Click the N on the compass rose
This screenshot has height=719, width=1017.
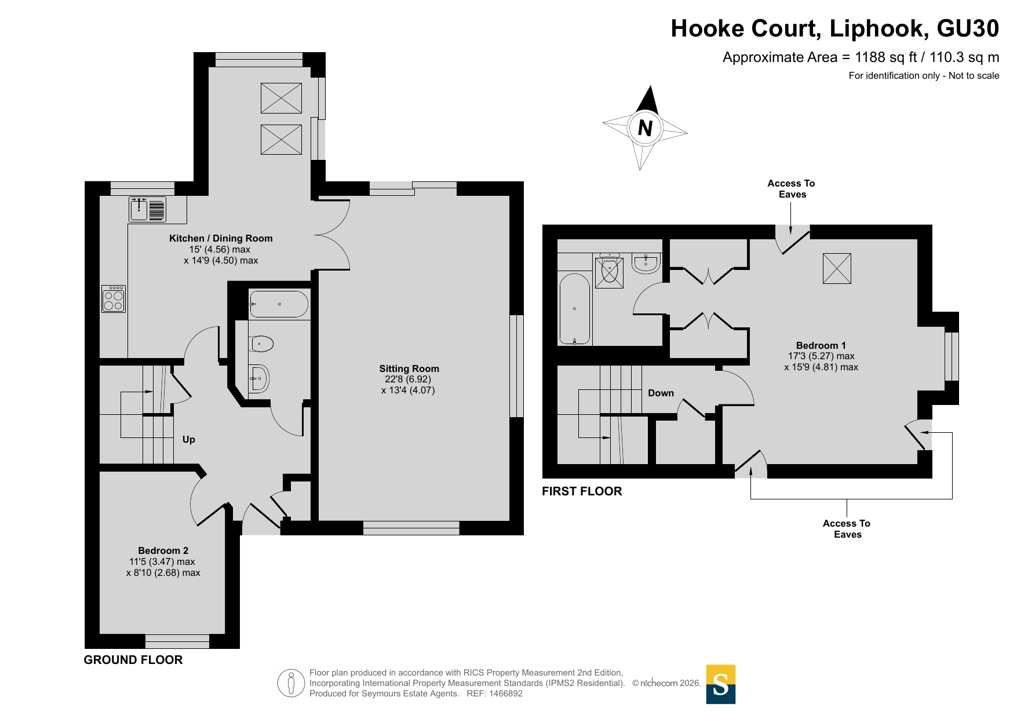point(645,127)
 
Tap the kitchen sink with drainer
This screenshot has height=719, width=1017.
point(148,209)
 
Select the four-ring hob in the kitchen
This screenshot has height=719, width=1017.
point(113,299)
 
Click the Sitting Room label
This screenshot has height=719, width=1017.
point(409,368)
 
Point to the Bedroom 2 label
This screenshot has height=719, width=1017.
point(163,550)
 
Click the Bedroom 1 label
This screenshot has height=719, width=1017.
point(821,345)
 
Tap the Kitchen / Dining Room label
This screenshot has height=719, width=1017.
point(221,238)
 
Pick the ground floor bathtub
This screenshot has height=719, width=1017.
point(279,304)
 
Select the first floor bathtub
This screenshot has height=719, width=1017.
point(574,309)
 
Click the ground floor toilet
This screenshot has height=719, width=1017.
point(261,344)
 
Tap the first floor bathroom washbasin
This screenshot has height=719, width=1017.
point(646,263)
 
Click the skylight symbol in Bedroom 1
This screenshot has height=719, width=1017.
point(837,268)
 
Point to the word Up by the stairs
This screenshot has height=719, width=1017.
point(189,439)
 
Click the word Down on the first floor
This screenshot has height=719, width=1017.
point(661,393)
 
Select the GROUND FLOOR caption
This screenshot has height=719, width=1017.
point(133,660)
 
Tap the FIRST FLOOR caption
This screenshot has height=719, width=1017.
point(582,491)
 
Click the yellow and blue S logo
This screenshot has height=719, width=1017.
point(721,684)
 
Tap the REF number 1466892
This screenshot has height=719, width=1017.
point(506,694)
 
